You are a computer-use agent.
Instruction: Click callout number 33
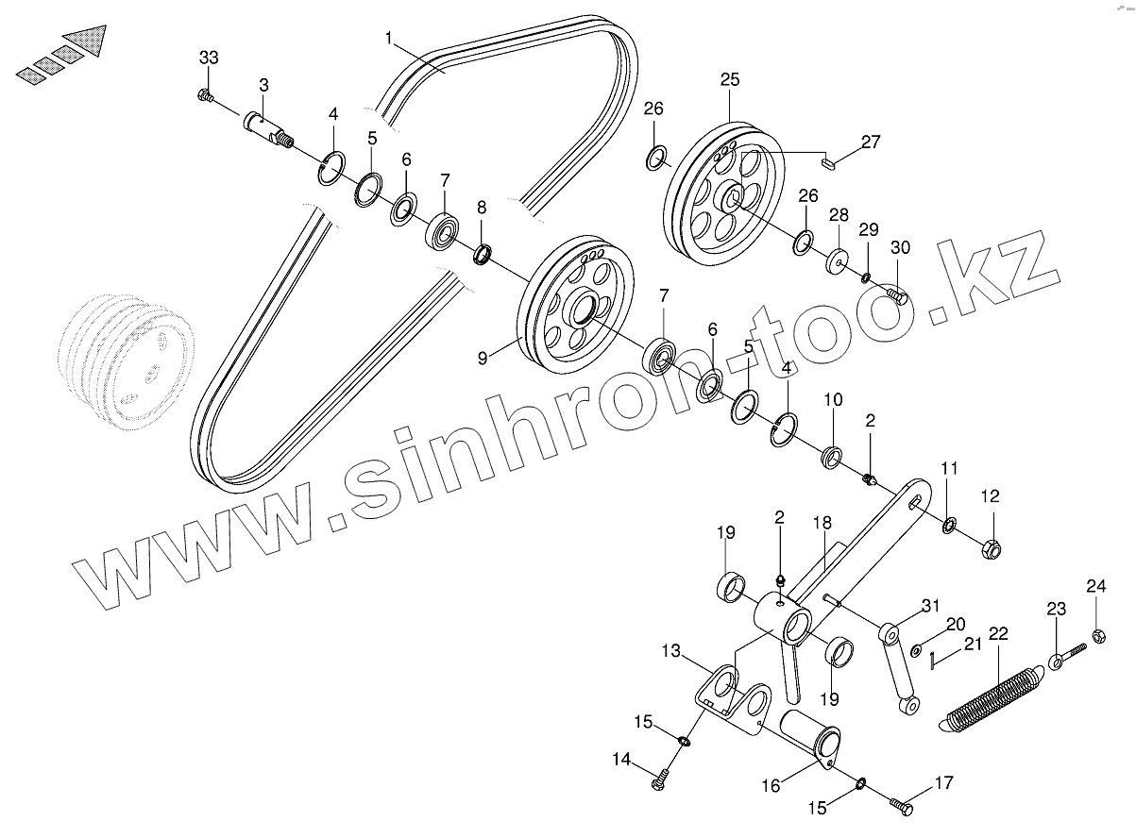(208, 59)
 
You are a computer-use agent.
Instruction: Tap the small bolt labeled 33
(205, 94)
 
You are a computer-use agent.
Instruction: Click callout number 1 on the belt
(389, 39)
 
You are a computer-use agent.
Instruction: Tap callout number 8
(482, 207)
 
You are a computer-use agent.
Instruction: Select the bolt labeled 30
(898, 296)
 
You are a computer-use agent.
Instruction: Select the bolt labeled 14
(660, 779)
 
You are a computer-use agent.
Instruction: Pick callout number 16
(771, 785)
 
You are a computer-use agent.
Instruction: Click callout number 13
(670, 651)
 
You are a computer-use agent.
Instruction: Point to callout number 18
(822, 522)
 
